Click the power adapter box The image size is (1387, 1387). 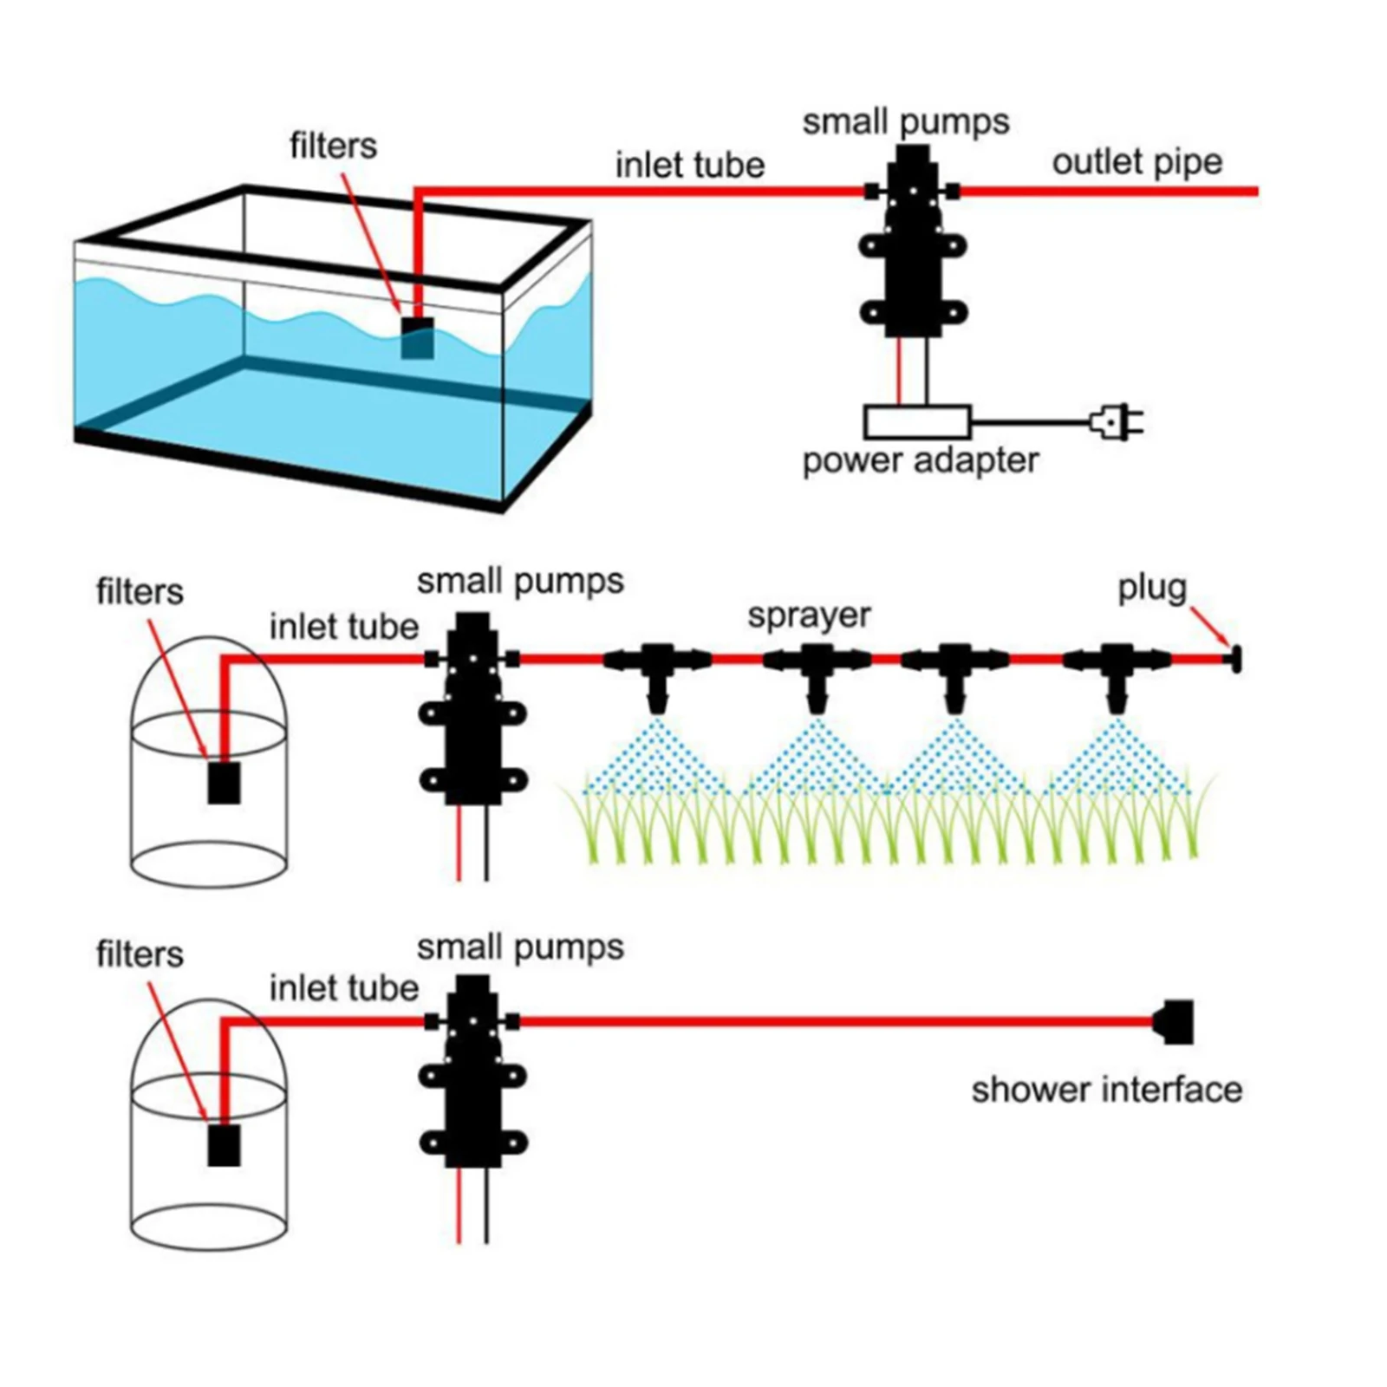pos(917,422)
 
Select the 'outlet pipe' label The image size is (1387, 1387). pos(1136,162)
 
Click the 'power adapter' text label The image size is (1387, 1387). pos(920,460)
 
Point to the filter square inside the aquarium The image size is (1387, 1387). pos(417,338)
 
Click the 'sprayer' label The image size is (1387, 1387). pos(809,615)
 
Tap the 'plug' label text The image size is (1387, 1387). pos(1151,588)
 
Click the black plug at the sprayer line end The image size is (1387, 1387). pos(1234,660)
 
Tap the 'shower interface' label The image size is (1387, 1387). pos(1106,1090)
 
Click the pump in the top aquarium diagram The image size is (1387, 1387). pos(913,243)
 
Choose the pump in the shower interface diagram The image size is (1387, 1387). pos(472,1071)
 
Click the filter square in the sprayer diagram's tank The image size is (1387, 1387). pos(224,782)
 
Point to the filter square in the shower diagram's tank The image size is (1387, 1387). pos(224,1145)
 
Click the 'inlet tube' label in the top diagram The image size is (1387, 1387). pos(690,165)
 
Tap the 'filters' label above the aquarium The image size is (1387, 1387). pos(333,146)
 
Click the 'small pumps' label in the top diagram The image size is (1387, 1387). pos(906,121)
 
